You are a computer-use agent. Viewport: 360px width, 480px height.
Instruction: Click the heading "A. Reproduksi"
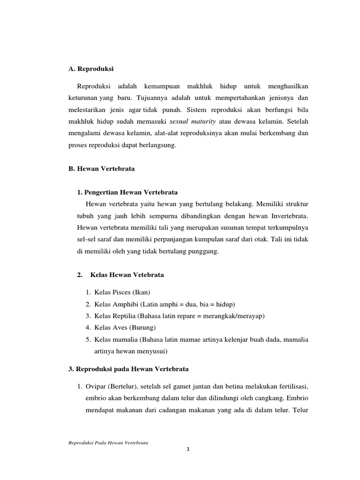(91, 69)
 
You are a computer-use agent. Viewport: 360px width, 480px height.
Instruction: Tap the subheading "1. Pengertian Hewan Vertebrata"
(127, 192)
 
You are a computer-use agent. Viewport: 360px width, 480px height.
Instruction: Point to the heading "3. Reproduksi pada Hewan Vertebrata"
(128, 369)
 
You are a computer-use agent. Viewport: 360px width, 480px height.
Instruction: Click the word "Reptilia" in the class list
(122, 315)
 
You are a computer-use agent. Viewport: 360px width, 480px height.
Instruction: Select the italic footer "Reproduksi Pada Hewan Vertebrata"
(108, 442)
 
